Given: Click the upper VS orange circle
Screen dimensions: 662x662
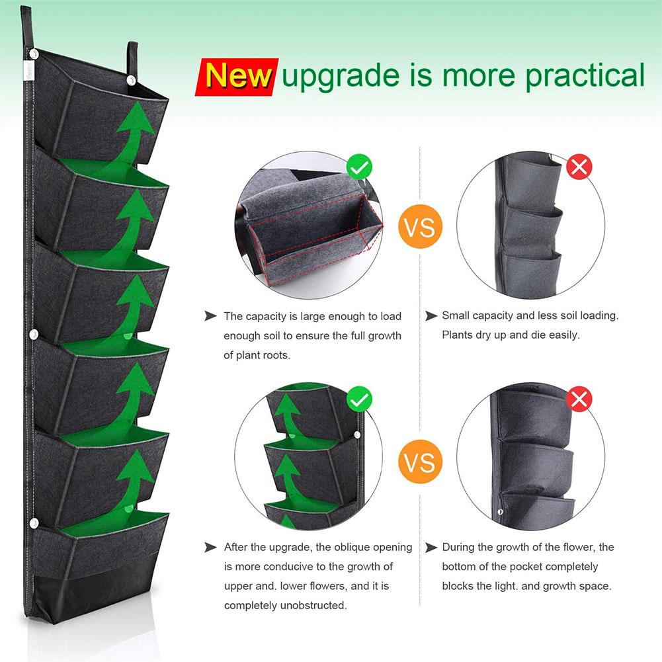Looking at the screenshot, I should click(x=420, y=228).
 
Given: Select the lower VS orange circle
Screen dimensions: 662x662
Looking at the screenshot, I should click(x=420, y=461).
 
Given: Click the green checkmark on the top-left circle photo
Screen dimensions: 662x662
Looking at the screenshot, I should click(x=360, y=167).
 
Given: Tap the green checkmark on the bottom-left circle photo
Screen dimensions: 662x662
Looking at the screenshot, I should click(x=360, y=399).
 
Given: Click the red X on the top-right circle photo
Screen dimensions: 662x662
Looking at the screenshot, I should click(x=580, y=167).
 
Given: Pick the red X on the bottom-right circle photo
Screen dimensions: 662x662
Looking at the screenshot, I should click(x=580, y=399).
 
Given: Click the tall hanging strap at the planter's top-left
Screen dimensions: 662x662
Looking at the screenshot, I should click(x=27, y=26).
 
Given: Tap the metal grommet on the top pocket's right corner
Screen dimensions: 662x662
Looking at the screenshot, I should click(x=131, y=79).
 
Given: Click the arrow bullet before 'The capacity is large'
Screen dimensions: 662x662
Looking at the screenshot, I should click(x=210, y=316).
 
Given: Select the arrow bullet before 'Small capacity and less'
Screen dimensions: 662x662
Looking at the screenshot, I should click(x=431, y=316).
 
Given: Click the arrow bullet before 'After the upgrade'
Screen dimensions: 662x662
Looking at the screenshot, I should click(x=210, y=547).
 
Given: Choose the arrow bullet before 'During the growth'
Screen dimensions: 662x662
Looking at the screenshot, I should click(x=431, y=547).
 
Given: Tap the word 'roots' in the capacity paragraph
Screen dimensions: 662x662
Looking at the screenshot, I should click(x=274, y=355).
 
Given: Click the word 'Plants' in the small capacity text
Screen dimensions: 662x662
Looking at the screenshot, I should click(x=458, y=335).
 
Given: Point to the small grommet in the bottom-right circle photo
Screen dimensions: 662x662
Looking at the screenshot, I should click(x=500, y=511).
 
